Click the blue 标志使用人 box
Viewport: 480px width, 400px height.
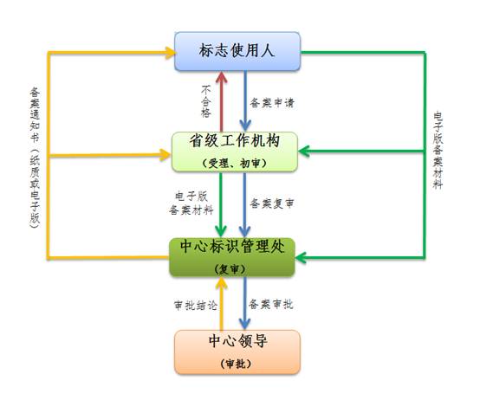tap(237, 51)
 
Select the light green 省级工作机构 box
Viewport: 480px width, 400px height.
tap(235, 152)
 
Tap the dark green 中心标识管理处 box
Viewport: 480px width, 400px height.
tap(232, 257)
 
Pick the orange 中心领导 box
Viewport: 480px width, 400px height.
tap(237, 352)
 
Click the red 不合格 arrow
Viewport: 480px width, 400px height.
tap(221, 102)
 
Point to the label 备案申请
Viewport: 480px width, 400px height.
tap(272, 102)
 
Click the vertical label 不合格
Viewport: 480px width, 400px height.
tap(206, 101)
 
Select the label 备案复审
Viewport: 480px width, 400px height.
tap(272, 203)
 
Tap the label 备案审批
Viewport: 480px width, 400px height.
tap(270, 304)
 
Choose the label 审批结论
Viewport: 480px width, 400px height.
tap(196, 306)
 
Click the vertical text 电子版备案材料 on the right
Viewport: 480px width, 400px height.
tap(438, 150)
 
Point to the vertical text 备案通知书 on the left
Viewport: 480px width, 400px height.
tap(35, 115)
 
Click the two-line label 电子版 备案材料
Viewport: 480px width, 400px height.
tap(191, 203)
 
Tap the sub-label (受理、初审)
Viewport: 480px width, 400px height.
tap(235, 164)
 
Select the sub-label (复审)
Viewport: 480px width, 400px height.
tap(230, 269)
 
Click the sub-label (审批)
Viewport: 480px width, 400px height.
tap(236, 364)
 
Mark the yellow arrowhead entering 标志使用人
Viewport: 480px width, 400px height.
tap(171, 53)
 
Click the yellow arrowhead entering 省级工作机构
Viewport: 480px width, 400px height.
tap(165, 155)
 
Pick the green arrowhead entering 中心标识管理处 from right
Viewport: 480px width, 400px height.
tap(302, 257)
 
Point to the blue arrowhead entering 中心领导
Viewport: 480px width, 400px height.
tap(244, 324)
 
